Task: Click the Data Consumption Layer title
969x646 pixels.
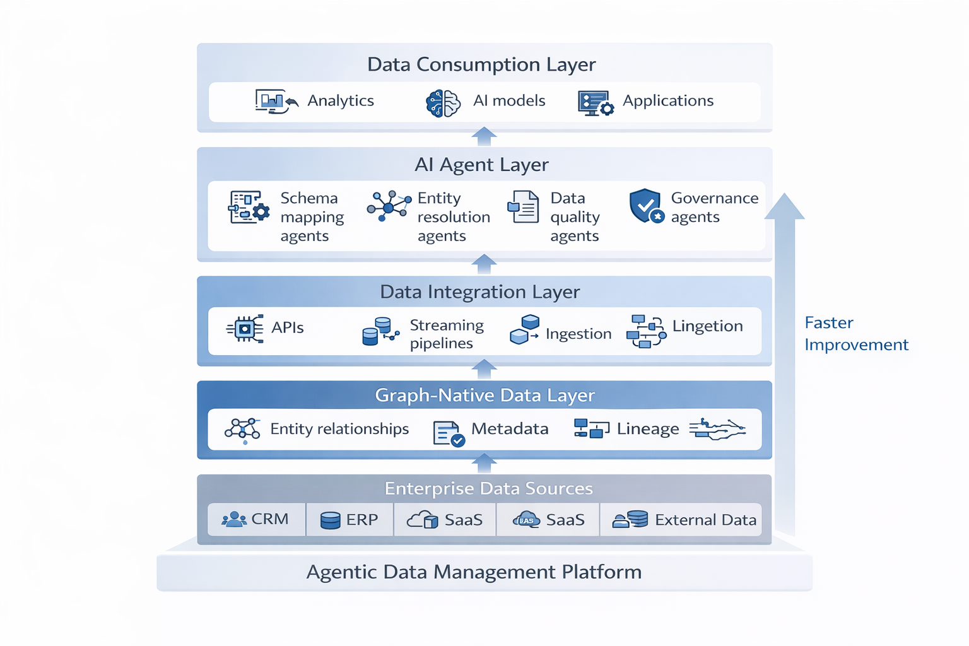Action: point(481,64)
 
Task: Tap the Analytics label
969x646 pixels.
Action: point(341,101)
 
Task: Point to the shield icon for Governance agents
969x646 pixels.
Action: point(646,206)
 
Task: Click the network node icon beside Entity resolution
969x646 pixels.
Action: point(388,206)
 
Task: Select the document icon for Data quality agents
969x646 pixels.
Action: point(523,207)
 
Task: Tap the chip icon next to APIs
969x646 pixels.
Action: point(245,329)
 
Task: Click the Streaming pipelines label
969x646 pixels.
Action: point(446,334)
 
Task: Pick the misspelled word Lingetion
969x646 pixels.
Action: point(707,326)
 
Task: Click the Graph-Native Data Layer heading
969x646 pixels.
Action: point(484,396)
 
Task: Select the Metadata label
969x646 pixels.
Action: point(510,429)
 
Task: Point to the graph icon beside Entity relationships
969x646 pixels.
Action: point(242,430)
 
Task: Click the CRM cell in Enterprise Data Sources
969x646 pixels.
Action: point(256,519)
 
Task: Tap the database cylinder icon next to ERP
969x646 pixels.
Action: point(330,520)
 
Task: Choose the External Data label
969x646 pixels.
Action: point(705,520)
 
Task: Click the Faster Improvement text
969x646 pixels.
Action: point(855,334)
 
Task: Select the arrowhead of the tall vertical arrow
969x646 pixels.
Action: point(784,207)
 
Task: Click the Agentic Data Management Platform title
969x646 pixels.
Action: point(474,572)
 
